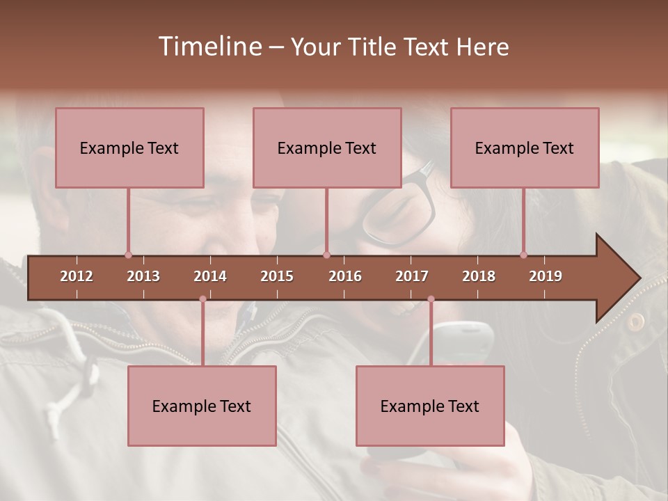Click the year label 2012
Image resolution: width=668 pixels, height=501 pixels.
coord(77,276)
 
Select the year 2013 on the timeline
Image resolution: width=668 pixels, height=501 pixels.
coord(143,276)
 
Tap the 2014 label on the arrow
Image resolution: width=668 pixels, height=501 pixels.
coord(210,276)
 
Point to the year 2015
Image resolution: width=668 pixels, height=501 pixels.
coord(277,276)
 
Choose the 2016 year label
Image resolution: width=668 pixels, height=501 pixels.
coord(345,276)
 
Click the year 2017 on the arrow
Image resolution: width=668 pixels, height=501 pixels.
coord(412,276)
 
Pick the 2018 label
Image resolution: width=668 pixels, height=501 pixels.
coord(479,276)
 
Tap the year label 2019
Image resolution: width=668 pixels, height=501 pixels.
coord(546,276)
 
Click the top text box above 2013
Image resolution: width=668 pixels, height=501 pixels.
coord(129,148)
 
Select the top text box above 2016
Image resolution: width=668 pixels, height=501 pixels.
coord(327,148)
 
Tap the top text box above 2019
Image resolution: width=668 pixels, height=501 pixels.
coord(525,148)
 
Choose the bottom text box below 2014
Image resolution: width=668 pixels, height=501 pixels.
coord(202,406)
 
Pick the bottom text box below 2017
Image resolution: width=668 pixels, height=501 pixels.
coord(430,406)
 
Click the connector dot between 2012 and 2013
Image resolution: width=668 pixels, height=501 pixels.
coord(128,255)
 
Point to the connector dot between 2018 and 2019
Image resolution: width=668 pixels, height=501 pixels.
coord(523,255)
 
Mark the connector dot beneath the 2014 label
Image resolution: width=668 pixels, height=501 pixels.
coord(202,299)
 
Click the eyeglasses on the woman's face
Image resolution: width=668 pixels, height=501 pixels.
coord(404,209)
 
